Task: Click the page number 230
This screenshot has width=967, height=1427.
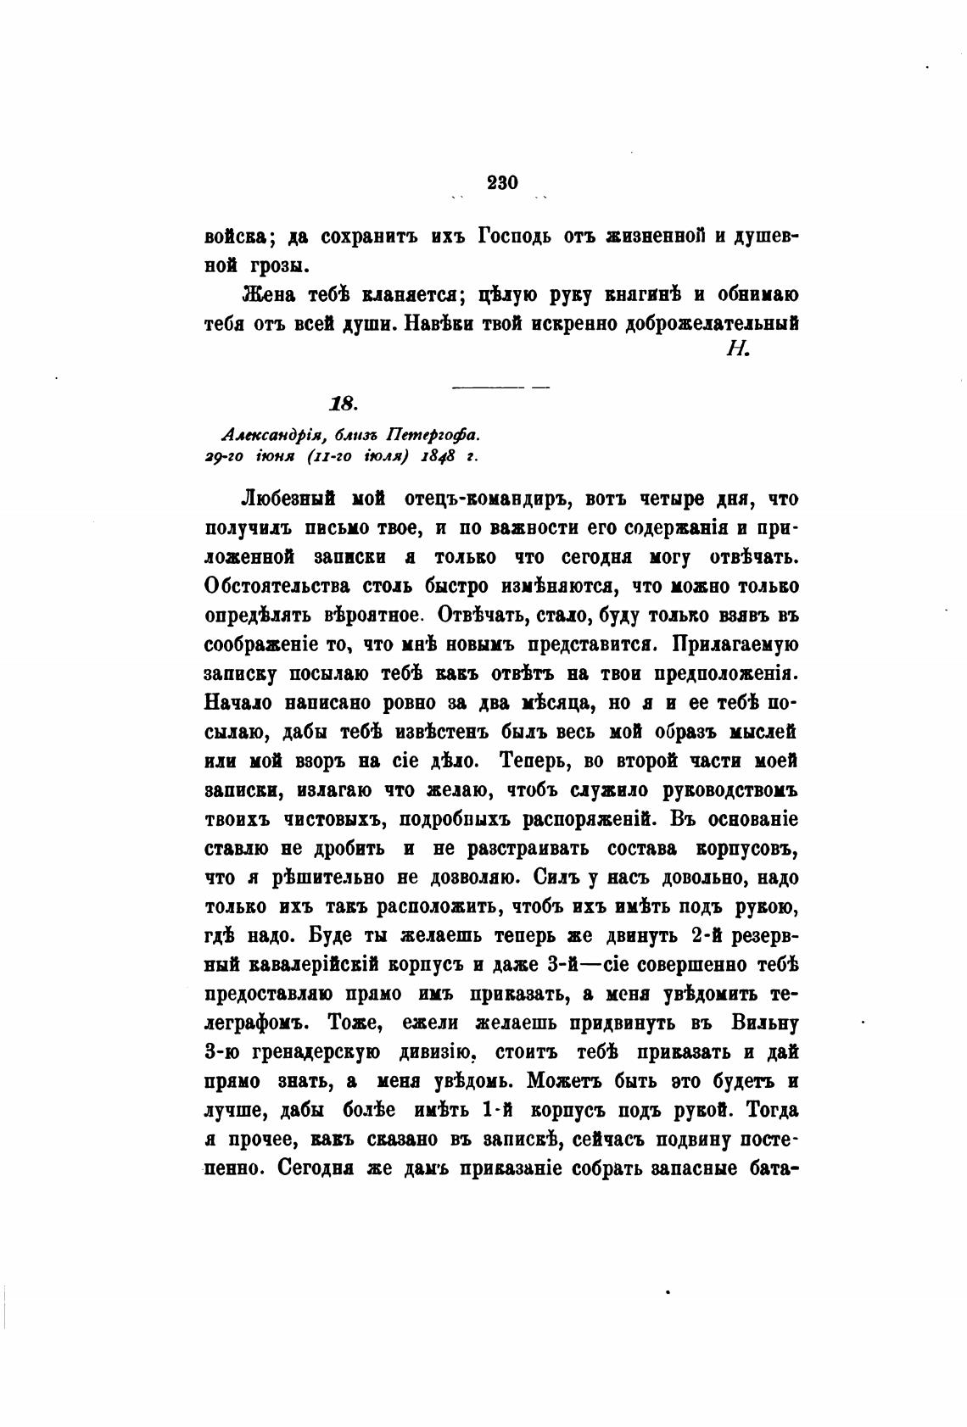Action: pyautogui.click(x=502, y=182)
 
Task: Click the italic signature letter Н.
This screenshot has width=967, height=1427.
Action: pyautogui.click(x=735, y=349)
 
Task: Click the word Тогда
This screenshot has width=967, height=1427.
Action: pyautogui.click(x=770, y=1111)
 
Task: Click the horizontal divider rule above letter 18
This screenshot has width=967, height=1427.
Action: pyautogui.click(x=501, y=387)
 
